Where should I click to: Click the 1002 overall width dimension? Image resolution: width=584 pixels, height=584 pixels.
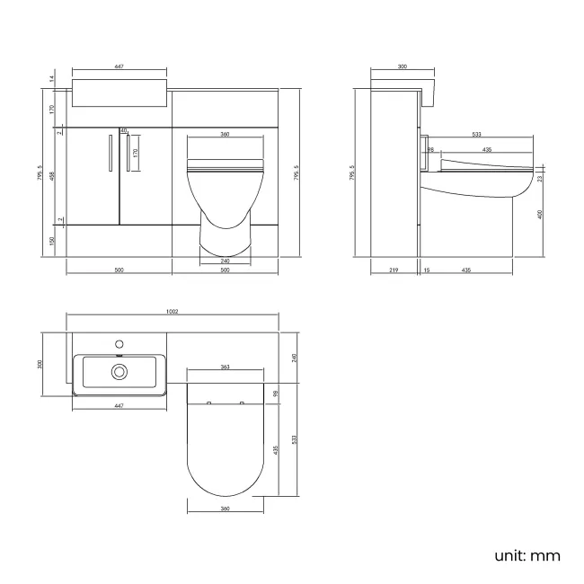pyautogui.click(x=173, y=312)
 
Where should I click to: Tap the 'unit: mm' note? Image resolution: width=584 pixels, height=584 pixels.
pyautogui.click(x=527, y=555)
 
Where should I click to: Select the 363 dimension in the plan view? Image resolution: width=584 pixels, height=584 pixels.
pyautogui.click(x=225, y=367)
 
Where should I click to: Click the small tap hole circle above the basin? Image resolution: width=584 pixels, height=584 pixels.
pyautogui.click(x=118, y=343)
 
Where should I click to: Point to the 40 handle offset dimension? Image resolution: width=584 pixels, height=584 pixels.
pyautogui.click(x=123, y=131)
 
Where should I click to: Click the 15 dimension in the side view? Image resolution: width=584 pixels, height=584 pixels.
pyautogui.click(x=427, y=270)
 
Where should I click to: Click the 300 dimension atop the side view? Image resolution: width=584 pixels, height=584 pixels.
pyautogui.click(x=402, y=66)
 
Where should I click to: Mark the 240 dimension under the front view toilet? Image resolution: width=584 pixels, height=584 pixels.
pyautogui.click(x=225, y=261)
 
